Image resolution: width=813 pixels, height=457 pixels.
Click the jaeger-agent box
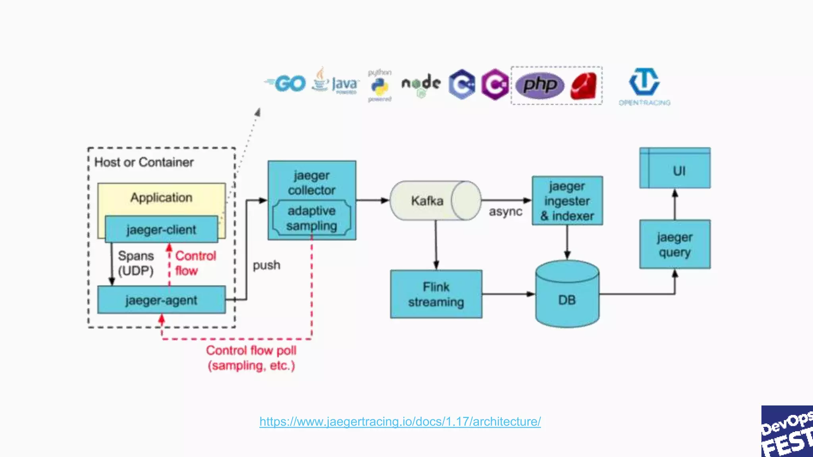tap(161, 300)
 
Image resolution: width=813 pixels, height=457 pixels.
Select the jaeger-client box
tap(161, 229)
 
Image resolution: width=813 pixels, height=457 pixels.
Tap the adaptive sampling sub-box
tap(312, 218)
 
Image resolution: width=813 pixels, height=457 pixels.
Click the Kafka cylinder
tap(435, 201)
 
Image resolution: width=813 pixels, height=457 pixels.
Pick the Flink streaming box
tap(436, 294)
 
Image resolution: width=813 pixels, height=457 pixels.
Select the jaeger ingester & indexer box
tap(567, 201)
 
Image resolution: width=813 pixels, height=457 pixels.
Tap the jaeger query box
tap(674, 244)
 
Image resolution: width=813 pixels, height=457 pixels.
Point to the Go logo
tap(286, 83)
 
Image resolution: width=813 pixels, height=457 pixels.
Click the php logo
tap(539, 85)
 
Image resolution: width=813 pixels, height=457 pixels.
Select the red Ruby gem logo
tap(584, 86)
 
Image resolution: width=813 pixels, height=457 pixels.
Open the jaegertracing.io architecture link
tap(400, 421)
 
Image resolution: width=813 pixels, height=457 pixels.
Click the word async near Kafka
tap(505, 211)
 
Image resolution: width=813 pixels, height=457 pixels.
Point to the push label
tap(266, 265)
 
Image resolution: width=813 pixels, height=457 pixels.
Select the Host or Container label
tap(144, 162)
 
